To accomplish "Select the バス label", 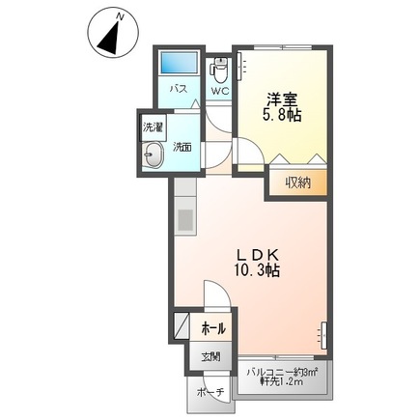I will click(x=180, y=90).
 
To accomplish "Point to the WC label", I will click(x=219, y=93).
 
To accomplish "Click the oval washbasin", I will click(x=154, y=154).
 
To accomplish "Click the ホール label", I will click(x=212, y=329).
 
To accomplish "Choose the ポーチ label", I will click(x=210, y=393).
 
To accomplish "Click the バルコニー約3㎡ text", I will click(x=282, y=371).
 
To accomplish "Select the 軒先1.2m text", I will click(x=282, y=383).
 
